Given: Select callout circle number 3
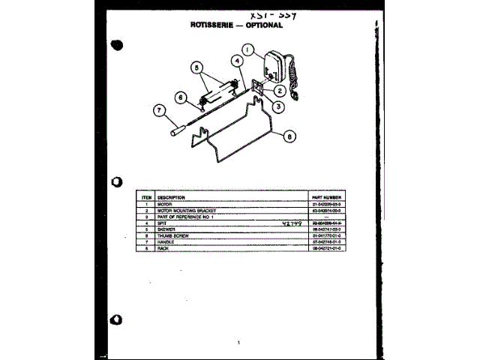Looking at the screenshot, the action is tap(278, 106).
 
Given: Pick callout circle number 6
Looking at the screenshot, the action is tap(181, 97).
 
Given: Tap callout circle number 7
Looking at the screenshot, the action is tap(159, 111).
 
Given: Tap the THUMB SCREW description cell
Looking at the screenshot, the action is tap(173, 235).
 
